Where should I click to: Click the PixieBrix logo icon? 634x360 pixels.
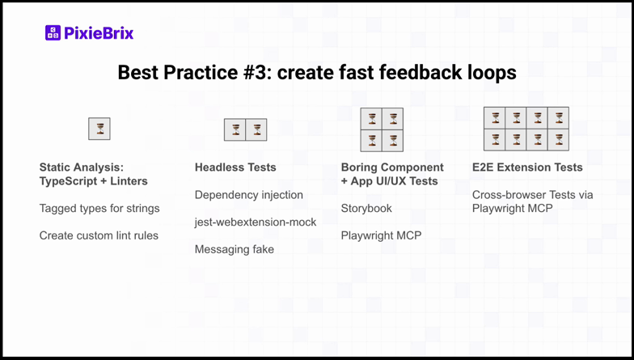53,33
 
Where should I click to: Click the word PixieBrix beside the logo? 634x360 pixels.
99,33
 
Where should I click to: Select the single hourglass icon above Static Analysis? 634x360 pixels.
99,129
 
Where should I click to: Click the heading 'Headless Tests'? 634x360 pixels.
235,167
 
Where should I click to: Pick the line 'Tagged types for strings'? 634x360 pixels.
99,208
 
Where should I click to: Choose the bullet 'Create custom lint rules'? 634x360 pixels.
99,235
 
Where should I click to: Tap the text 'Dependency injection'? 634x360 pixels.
249,195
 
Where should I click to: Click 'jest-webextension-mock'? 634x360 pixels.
256,222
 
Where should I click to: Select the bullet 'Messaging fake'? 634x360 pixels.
235,249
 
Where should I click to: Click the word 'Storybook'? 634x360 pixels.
366,208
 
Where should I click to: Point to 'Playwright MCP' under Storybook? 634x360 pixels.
381,235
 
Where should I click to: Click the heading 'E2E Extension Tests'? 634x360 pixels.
527,167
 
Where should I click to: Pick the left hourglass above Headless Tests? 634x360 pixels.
235,129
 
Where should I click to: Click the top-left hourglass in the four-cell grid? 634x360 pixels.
371,119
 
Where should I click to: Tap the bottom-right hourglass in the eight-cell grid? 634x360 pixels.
559,140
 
